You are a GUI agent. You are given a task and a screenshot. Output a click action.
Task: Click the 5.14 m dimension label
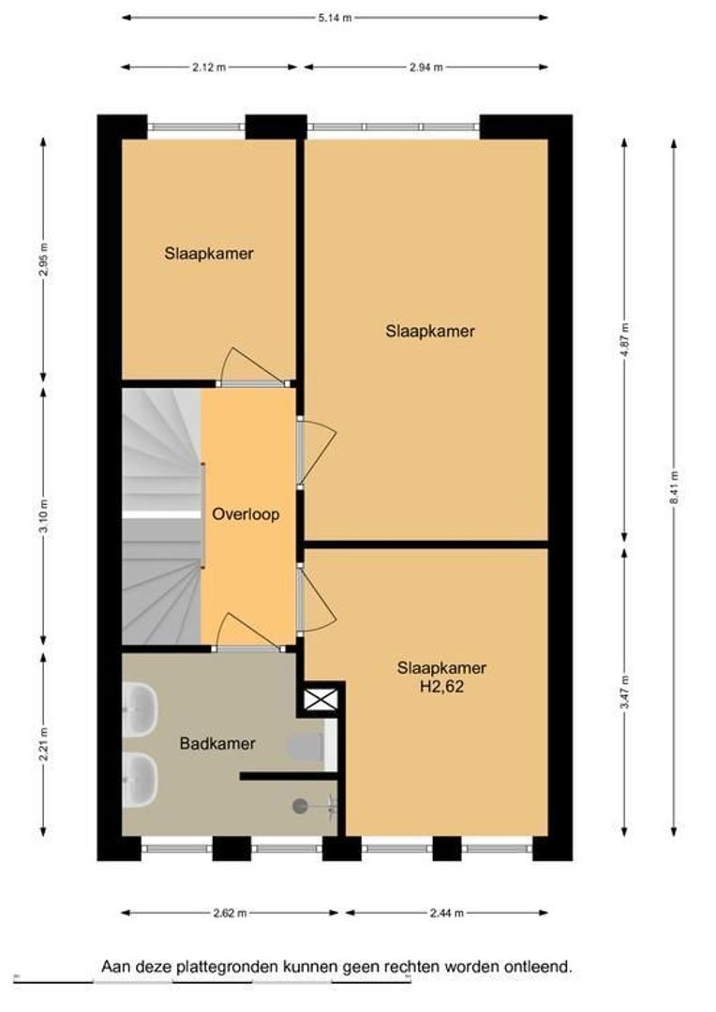coord(335,18)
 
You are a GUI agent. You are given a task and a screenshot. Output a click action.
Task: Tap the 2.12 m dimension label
coord(209,67)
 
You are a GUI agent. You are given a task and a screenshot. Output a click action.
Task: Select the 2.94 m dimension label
coord(426,67)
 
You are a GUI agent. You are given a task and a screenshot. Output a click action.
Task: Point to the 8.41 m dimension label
coord(674,488)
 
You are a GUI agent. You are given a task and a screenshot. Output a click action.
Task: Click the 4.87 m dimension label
coord(625,339)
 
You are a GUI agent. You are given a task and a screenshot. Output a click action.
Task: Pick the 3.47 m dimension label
coord(625,692)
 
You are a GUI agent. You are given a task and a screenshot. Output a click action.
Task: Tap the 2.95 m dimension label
coord(43,260)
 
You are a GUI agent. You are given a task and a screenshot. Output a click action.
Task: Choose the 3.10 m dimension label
coord(43,516)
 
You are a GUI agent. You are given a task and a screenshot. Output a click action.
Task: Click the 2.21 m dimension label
coord(43,744)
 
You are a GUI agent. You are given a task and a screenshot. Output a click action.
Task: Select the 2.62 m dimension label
coord(230,913)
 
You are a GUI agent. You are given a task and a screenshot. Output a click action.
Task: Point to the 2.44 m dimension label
coord(447,913)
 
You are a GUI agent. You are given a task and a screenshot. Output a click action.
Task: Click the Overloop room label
coord(246,514)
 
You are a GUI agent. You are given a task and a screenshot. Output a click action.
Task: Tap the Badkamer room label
coord(217,743)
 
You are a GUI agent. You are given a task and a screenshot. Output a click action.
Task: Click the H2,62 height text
coord(442,687)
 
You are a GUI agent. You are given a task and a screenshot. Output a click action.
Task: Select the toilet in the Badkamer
coord(306,748)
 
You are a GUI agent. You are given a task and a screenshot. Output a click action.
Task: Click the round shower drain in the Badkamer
coord(300,806)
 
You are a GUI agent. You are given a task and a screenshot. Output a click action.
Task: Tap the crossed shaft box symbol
coord(321,700)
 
